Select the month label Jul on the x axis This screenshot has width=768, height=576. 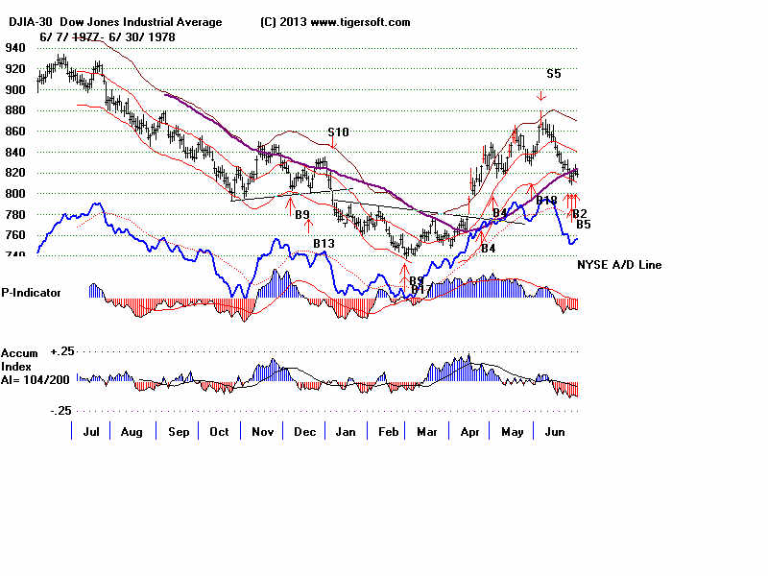(92, 432)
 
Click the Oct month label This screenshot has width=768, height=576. (218, 432)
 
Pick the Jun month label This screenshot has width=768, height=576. (556, 432)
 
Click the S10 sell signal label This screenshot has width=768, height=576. (338, 132)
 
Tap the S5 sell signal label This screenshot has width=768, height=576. (554, 73)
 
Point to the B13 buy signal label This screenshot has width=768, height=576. (324, 244)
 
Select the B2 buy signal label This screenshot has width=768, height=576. (580, 213)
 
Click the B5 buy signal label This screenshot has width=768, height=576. (583, 225)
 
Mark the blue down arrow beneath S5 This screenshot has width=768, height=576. (541, 95)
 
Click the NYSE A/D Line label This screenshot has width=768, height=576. (619, 265)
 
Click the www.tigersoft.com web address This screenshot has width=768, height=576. (360, 22)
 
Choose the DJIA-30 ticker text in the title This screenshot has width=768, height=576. (33, 22)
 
